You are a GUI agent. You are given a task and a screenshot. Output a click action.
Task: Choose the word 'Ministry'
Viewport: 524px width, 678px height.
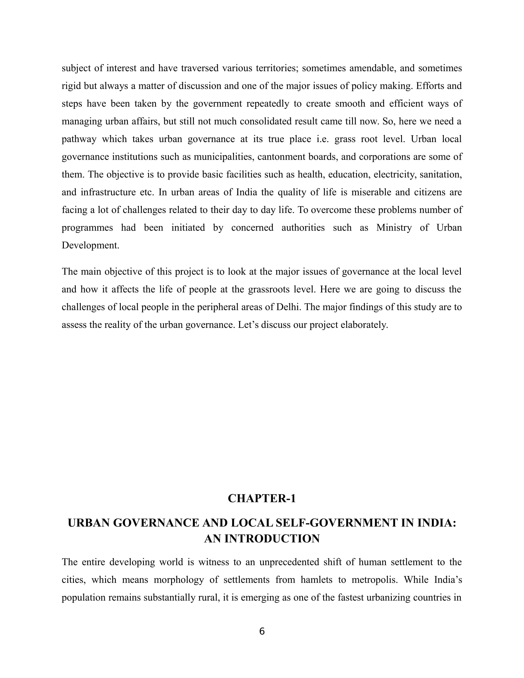point(394,227)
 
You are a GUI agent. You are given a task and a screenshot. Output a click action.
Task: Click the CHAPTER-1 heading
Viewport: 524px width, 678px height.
point(262,499)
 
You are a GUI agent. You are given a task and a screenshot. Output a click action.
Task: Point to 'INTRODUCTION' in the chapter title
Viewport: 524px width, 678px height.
point(272,539)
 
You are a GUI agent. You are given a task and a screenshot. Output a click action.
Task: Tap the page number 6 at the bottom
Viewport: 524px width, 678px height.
point(262,631)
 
